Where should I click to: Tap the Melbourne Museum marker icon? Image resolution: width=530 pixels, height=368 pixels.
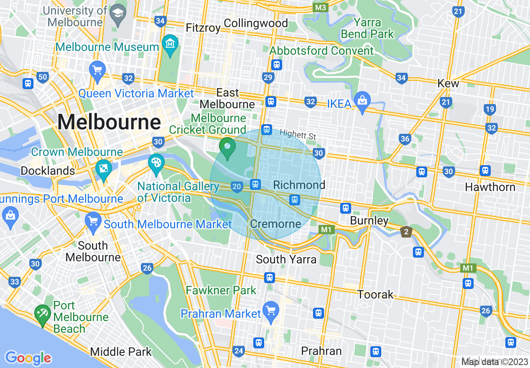[x=171, y=44]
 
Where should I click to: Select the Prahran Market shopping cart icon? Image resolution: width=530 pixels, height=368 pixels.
[x=271, y=311]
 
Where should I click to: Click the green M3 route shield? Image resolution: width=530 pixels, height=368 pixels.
[x=321, y=8]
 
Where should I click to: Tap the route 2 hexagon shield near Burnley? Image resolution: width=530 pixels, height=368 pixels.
[x=405, y=231]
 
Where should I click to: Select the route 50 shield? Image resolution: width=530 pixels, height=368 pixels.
[x=42, y=77]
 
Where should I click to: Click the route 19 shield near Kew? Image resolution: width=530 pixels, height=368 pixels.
[x=490, y=110]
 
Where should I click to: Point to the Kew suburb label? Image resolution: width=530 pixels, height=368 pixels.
[x=448, y=83]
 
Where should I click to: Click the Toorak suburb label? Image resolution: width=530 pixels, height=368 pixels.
[x=375, y=294]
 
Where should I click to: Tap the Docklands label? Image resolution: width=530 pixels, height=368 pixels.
[x=48, y=171]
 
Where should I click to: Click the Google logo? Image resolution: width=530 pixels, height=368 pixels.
[x=28, y=358]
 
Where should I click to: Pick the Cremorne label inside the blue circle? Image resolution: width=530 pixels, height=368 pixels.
[x=275, y=224]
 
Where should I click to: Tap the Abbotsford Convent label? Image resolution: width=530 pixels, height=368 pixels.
[x=321, y=51]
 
